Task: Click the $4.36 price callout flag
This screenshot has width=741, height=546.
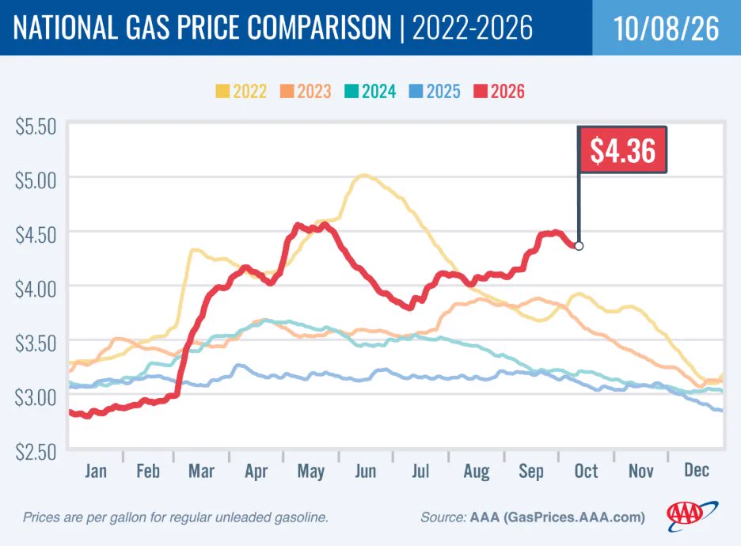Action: click(622, 150)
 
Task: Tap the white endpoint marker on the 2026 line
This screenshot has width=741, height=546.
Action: click(579, 245)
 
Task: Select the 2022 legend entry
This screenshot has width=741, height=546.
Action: click(241, 91)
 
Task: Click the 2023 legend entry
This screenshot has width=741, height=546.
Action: click(306, 91)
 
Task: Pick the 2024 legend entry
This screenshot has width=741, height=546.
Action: click(370, 91)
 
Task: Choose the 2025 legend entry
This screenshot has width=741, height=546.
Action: click(435, 91)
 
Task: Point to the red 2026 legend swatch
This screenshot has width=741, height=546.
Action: click(480, 91)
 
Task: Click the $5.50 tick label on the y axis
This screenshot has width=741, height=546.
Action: click(36, 127)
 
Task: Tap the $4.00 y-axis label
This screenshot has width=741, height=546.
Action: click(36, 289)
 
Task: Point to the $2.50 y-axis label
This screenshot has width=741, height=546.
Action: click(36, 452)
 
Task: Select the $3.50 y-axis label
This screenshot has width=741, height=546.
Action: click(36, 343)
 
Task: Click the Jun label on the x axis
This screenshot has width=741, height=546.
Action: click(365, 472)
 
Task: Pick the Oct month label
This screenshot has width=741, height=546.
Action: click(586, 471)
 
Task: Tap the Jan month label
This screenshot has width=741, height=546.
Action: click(96, 471)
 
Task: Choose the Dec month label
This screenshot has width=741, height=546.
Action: click(697, 470)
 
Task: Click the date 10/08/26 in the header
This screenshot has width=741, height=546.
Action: click(667, 28)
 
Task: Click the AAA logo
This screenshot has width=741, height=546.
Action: click(692, 516)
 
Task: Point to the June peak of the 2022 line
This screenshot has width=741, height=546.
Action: click(363, 176)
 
